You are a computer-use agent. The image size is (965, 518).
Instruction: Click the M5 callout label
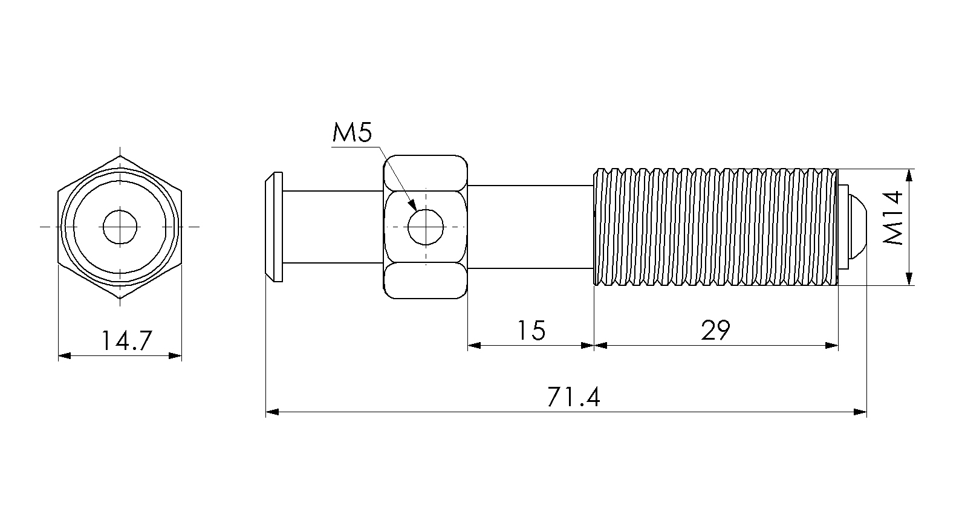point(352,132)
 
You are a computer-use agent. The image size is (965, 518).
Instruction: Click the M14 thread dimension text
point(892,218)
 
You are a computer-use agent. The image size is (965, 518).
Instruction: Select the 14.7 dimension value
point(126,340)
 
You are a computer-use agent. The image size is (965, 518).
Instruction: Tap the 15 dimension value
point(531,330)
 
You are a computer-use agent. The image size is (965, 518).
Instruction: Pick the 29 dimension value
point(715,330)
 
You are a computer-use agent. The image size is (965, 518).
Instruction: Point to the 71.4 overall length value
point(573,397)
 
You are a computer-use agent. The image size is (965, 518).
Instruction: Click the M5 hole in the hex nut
point(426,227)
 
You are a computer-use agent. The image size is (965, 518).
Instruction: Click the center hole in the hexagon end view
point(120,227)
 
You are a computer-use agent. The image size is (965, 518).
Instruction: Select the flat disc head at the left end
point(274,227)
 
